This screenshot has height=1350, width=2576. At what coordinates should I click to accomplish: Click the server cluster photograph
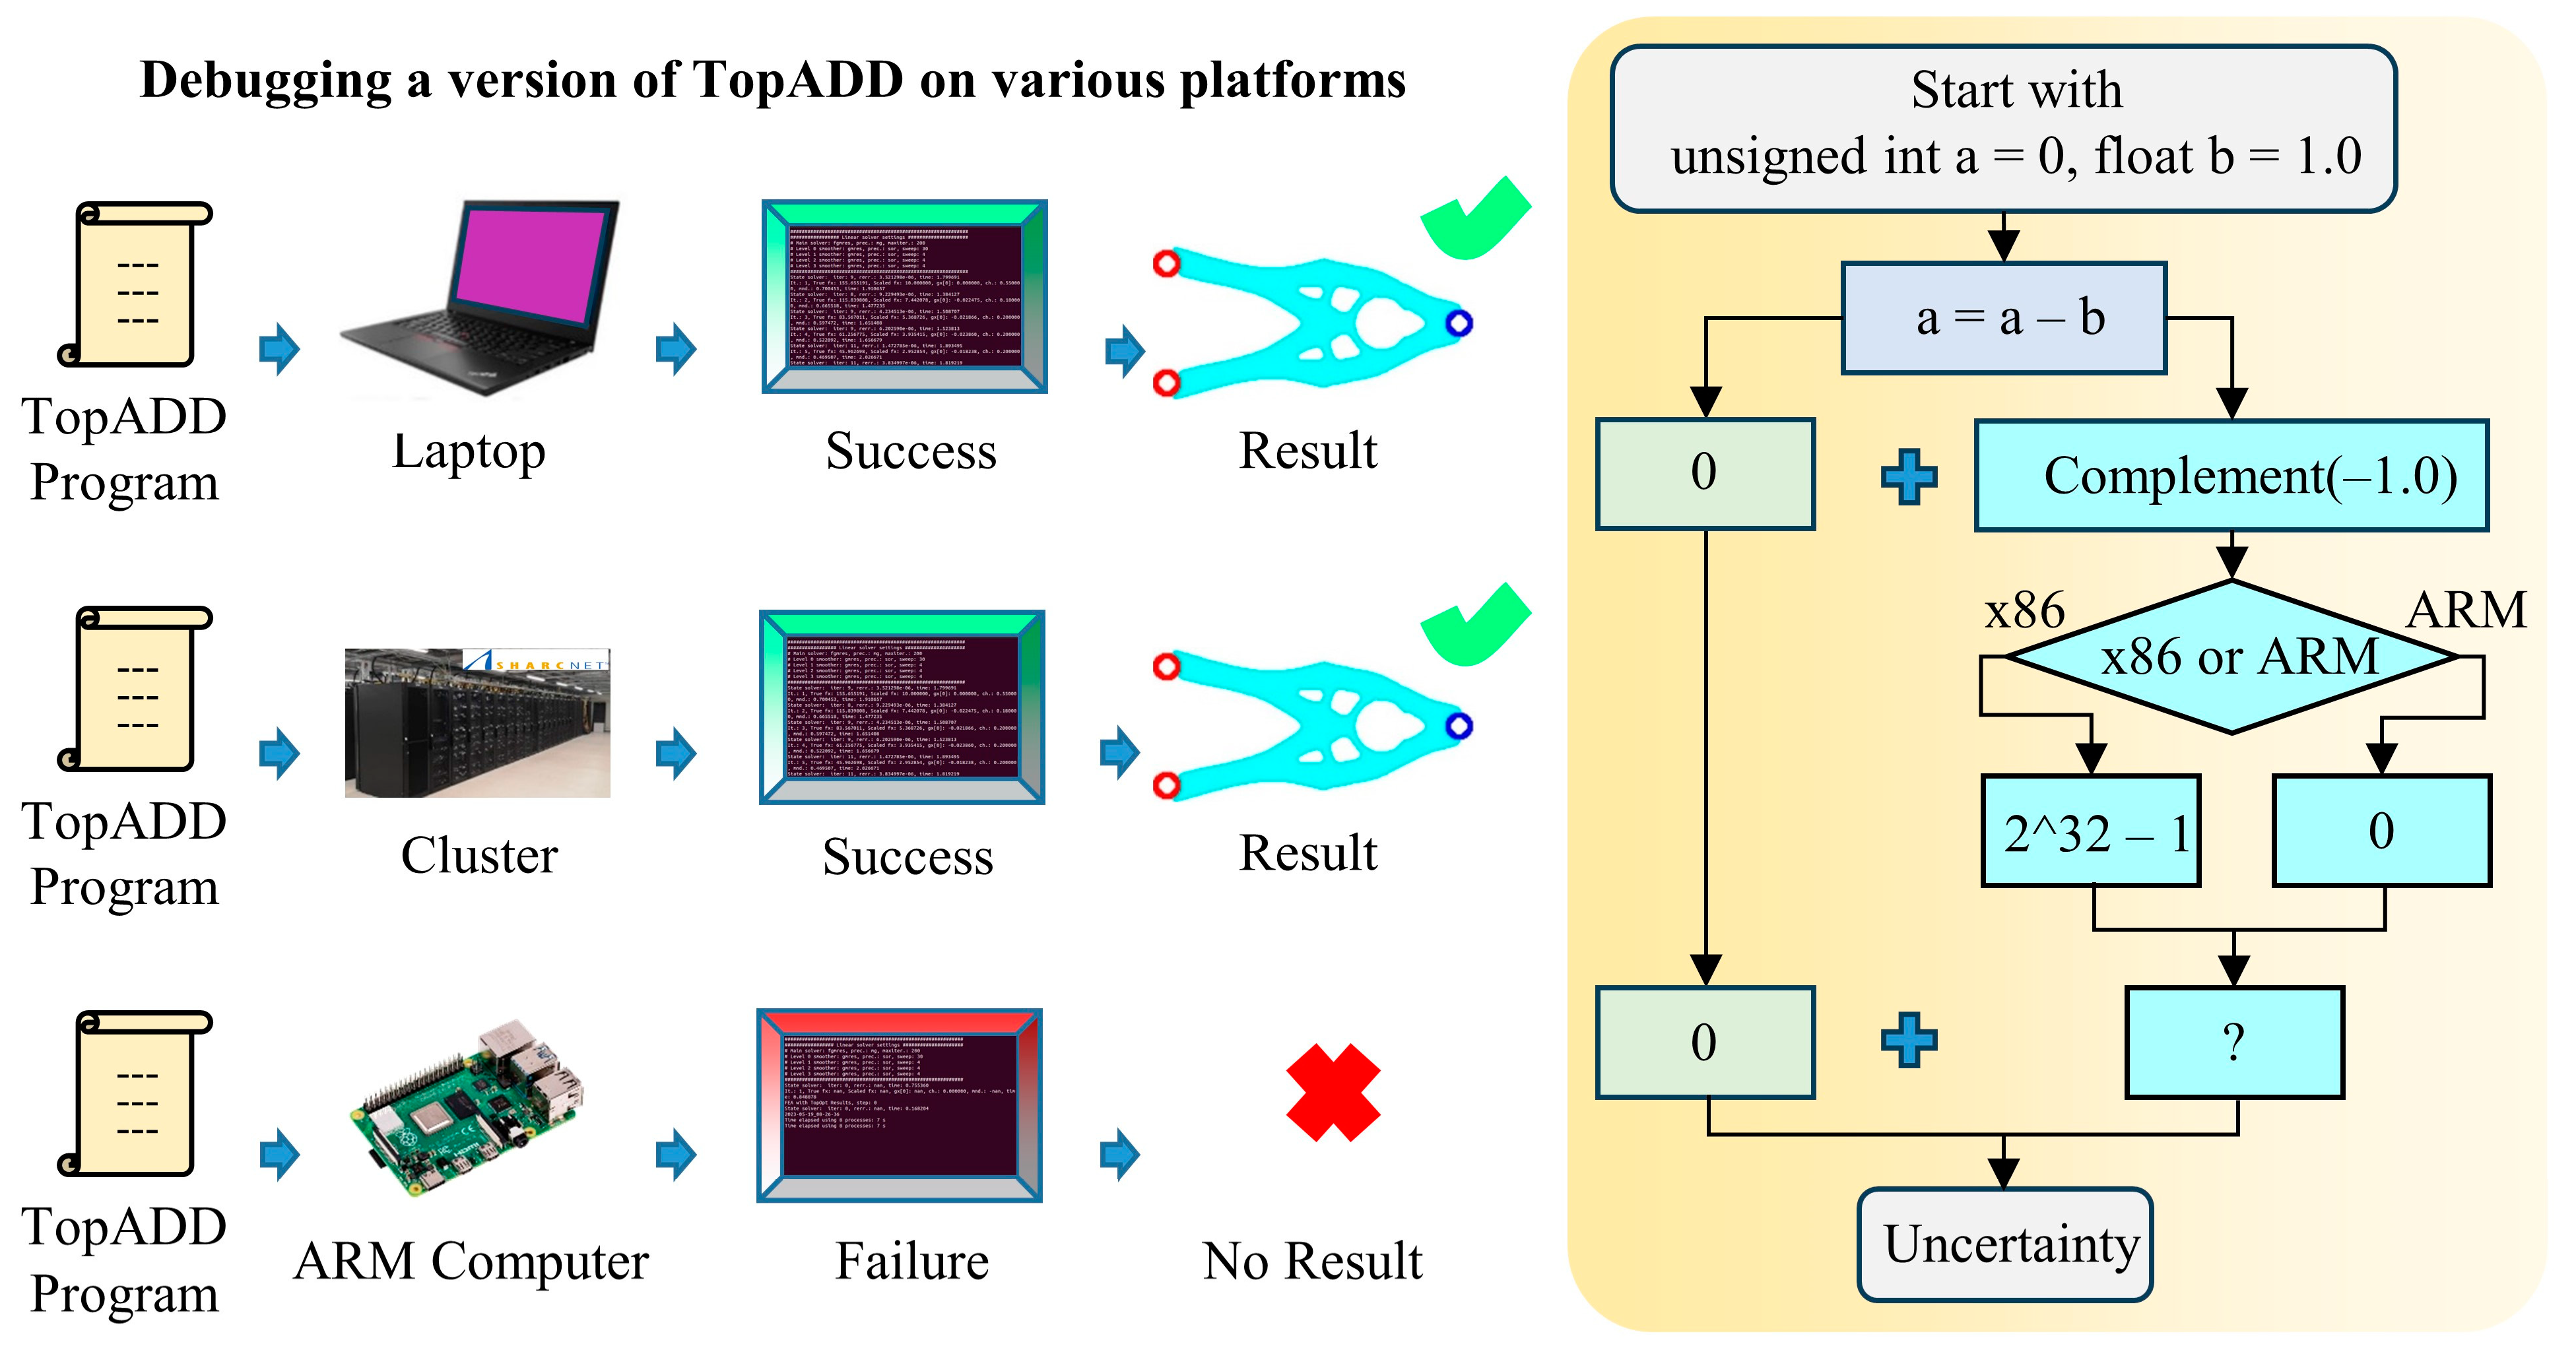[x=477, y=723]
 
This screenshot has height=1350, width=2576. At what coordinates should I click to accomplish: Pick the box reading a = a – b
[x=2004, y=318]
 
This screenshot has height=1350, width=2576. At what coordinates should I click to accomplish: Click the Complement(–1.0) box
[x=2231, y=475]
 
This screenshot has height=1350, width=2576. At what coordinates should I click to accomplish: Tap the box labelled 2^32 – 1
[x=2091, y=831]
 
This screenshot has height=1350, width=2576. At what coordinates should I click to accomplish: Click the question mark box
[x=2234, y=1042]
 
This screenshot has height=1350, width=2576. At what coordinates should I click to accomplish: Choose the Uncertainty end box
[x=2005, y=1244]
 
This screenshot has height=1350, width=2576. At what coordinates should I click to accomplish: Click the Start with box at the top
[x=2004, y=128]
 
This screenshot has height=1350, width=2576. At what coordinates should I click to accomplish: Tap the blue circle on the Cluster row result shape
[x=1459, y=725]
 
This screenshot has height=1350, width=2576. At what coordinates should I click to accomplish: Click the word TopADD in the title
[x=797, y=80]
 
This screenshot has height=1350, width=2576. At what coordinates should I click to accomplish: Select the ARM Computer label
[x=471, y=1261]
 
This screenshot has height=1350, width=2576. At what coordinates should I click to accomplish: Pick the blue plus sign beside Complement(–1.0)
[x=1909, y=477]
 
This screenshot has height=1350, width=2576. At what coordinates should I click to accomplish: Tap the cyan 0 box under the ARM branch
[x=2381, y=831]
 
